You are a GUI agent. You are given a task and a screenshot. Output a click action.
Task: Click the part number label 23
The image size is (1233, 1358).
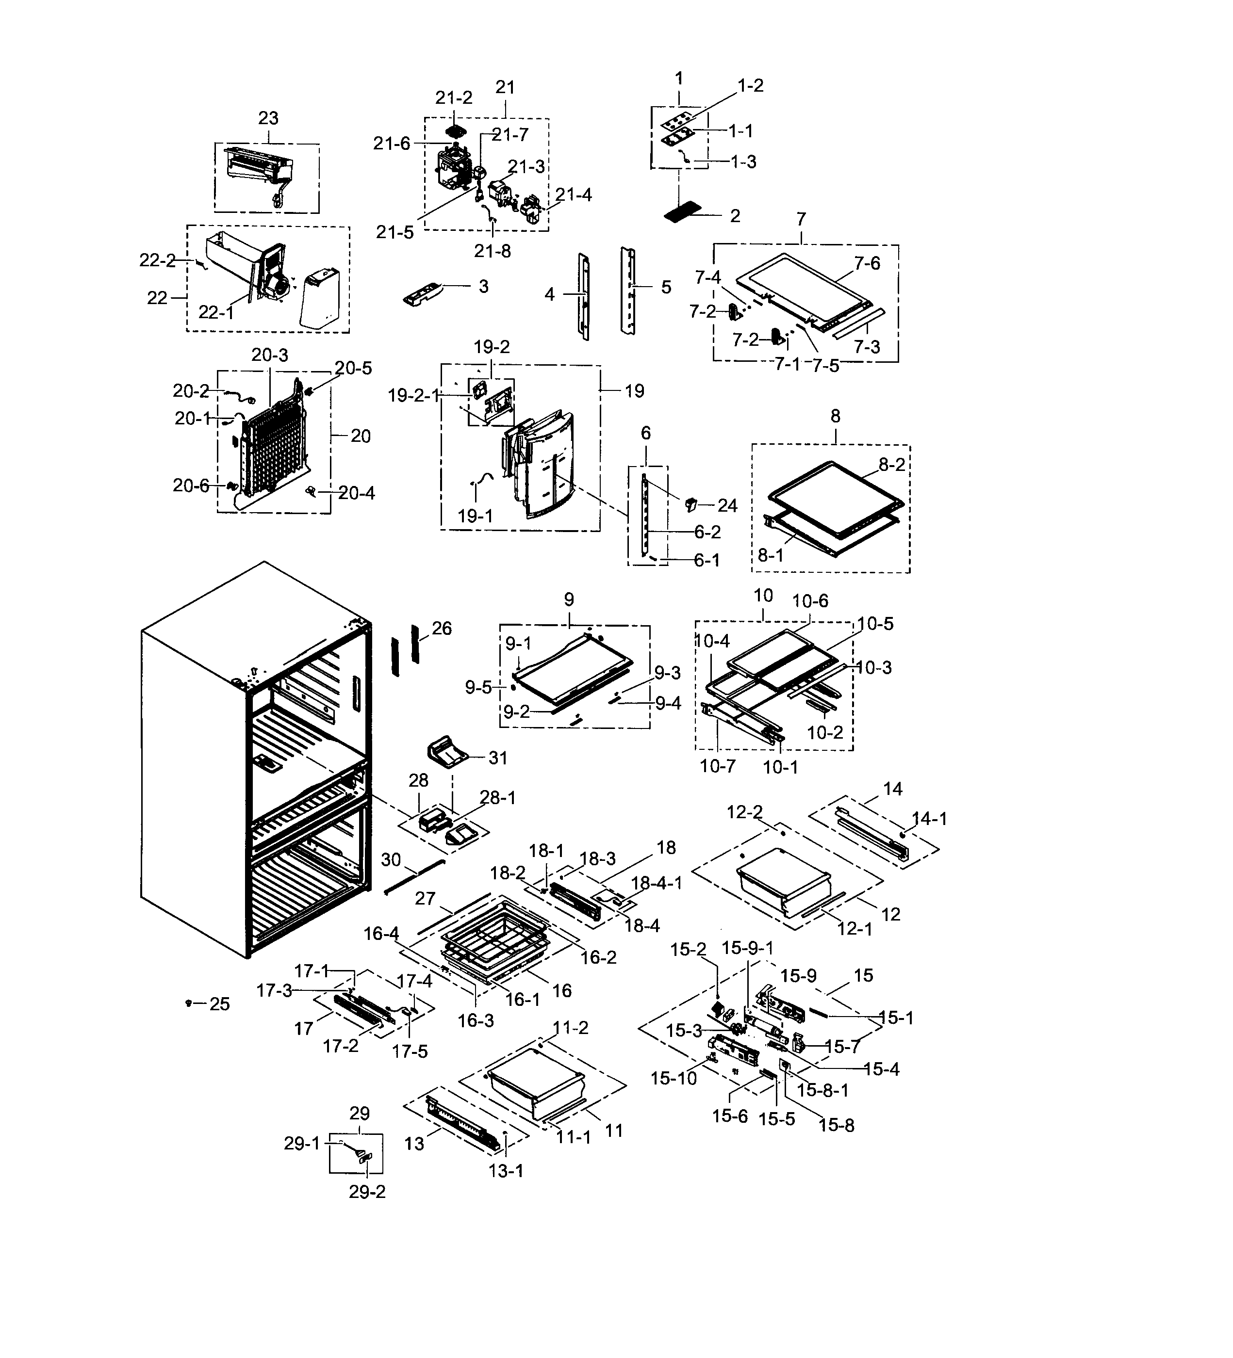click(x=268, y=118)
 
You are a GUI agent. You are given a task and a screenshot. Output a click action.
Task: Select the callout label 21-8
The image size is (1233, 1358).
click(x=492, y=251)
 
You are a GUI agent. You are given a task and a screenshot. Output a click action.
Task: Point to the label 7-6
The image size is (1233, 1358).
click(x=867, y=263)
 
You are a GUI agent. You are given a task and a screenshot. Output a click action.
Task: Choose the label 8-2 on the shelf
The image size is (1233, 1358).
click(x=891, y=465)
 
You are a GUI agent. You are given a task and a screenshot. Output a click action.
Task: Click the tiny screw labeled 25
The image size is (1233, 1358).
click(x=189, y=1003)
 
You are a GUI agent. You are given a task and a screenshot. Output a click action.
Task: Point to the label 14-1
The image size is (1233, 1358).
click(x=929, y=819)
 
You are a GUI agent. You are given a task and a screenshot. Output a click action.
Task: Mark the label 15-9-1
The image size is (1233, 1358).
click(x=747, y=948)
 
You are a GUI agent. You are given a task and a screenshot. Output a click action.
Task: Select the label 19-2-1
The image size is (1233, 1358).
click(x=413, y=395)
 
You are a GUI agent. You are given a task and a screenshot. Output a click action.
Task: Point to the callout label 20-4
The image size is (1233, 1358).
click(x=357, y=493)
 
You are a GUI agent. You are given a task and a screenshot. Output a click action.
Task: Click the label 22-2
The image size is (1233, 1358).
click(x=157, y=261)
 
